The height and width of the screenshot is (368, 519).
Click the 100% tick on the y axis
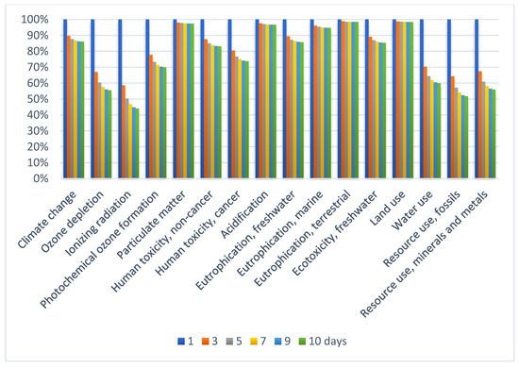[32, 19]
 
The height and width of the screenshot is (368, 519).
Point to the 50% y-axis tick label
[34, 99]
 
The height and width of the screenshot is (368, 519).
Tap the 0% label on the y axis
[38, 178]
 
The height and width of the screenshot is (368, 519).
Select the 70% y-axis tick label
[34, 67]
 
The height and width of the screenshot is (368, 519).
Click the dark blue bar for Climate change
[65, 99]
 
